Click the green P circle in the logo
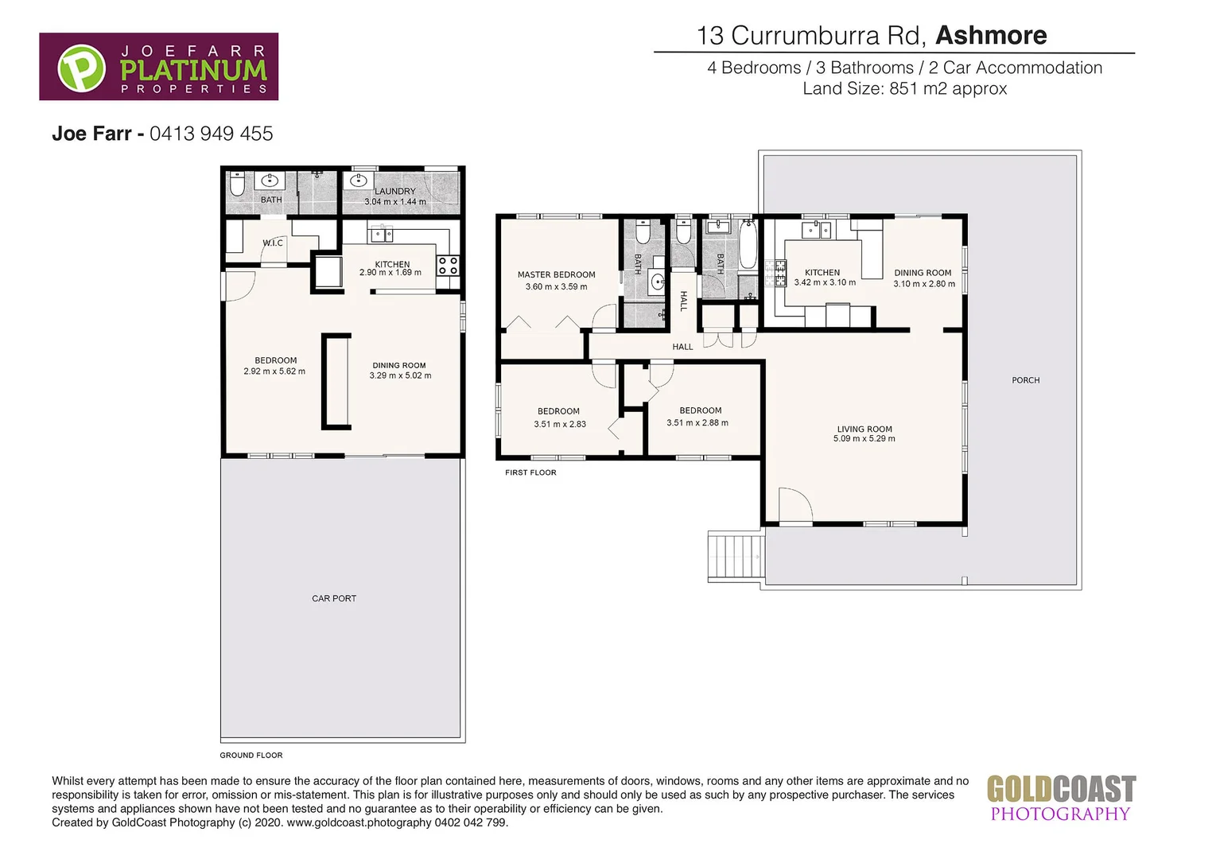[x=81, y=68]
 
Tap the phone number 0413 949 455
[x=211, y=134]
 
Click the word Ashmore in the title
[x=991, y=36]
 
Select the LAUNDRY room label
[x=395, y=191]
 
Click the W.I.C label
[x=273, y=243]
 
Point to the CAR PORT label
[x=334, y=598]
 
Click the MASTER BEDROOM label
[x=556, y=274]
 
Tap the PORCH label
[x=1025, y=380]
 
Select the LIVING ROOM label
[x=864, y=429]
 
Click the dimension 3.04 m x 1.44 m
[x=395, y=202]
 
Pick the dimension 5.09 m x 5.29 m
[x=864, y=439]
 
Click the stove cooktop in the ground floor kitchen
[x=448, y=266]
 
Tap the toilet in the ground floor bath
[x=237, y=186]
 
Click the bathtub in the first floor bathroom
[x=748, y=244]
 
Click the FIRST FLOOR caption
[x=530, y=472]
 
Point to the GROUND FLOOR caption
[x=251, y=756]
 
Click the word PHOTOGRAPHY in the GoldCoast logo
[x=1059, y=814]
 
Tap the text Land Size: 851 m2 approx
[x=904, y=89]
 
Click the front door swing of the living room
[x=794, y=506]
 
